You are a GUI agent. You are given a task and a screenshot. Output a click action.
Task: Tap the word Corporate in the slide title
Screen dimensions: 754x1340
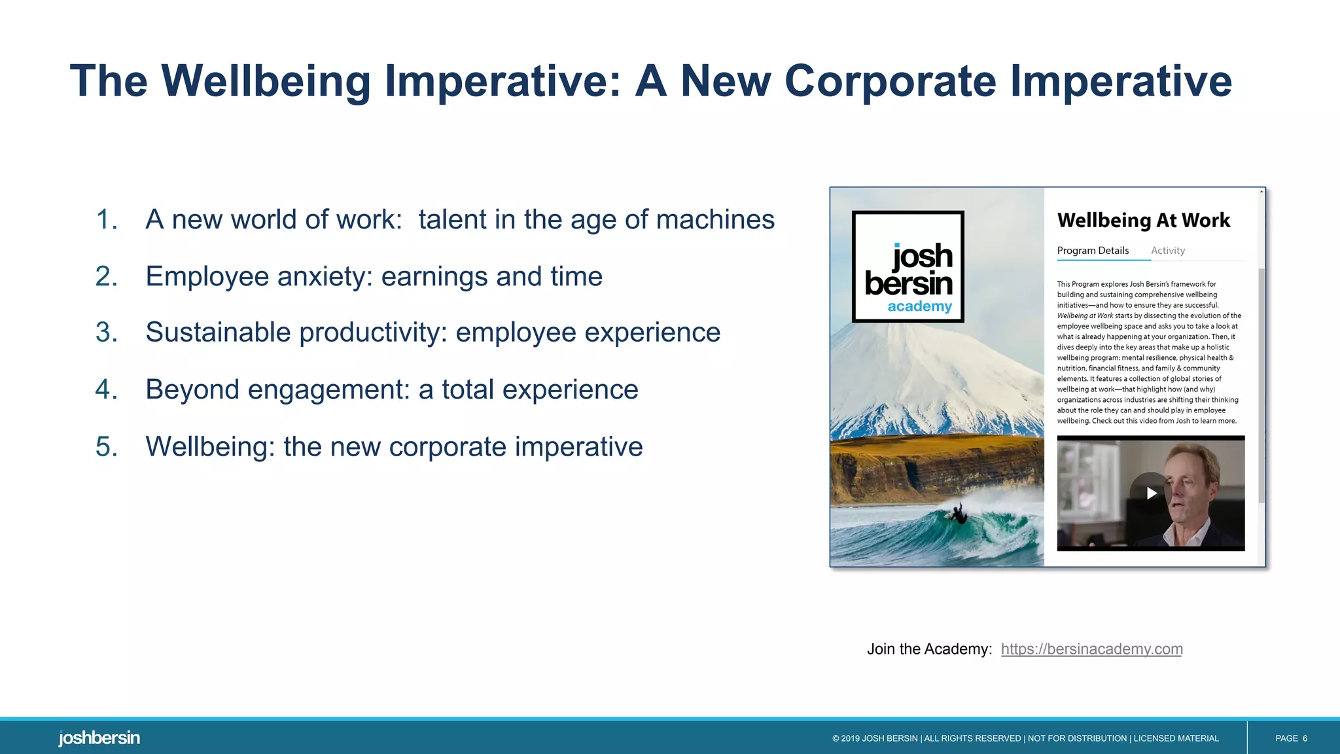click(x=890, y=82)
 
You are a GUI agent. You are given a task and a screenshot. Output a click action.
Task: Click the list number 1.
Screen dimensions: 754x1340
click(x=106, y=220)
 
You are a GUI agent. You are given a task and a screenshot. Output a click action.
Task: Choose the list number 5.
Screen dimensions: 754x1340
click(x=106, y=447)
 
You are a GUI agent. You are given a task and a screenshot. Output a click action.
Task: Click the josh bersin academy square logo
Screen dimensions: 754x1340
click(x=908, y=266)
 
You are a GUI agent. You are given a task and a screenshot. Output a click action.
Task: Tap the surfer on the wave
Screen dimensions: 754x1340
click(x=959, y=514)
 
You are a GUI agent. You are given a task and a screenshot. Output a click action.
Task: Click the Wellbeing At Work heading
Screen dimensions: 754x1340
click(x=1143, y=221)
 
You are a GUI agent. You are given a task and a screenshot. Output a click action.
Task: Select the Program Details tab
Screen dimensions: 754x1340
click(x=1093, y=251)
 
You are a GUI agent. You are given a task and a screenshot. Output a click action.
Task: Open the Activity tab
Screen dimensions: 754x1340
click(x=1167, y=251)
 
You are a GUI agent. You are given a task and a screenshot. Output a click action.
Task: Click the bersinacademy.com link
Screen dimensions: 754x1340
click(x=1091, y=649)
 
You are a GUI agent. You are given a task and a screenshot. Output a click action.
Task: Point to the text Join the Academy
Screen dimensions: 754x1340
click(x=929, y=649)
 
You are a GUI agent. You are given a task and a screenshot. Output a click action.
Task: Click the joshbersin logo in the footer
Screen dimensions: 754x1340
click(x=99, y=738)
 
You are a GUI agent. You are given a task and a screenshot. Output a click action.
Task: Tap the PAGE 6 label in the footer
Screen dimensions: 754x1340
click(x=1290, y=738)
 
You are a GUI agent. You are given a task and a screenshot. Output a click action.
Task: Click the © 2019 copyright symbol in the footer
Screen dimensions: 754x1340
click(x=836, y=738)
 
